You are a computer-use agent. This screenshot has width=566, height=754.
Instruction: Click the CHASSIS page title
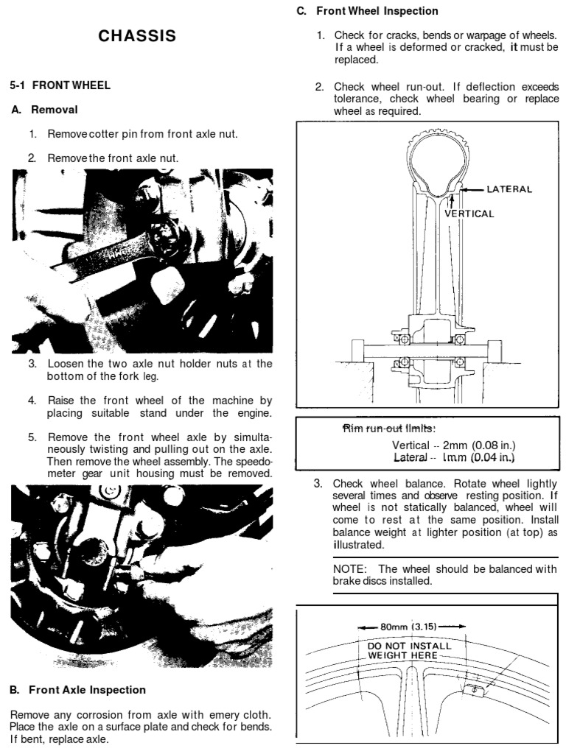coord(137,36)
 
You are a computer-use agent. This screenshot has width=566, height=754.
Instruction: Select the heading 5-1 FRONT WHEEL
coord(60,85)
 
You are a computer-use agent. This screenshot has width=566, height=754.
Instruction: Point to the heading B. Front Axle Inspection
coord(77,690)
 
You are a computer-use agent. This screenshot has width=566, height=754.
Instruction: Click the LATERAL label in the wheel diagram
coord(509,189)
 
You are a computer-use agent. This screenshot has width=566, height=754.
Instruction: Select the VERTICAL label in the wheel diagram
coord(469,214)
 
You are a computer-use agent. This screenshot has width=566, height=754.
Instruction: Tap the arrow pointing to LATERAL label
coord(473,189)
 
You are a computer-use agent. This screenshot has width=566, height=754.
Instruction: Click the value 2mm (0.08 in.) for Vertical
coord(479,445)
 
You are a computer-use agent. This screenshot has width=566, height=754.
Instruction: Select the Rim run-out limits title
coord(390,429)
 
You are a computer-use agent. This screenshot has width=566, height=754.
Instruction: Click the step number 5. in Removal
coord(32,437)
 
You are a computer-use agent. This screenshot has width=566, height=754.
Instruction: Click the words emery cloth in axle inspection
coord(234,715)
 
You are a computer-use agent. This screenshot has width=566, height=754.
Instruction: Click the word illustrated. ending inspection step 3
coord(358,545)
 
